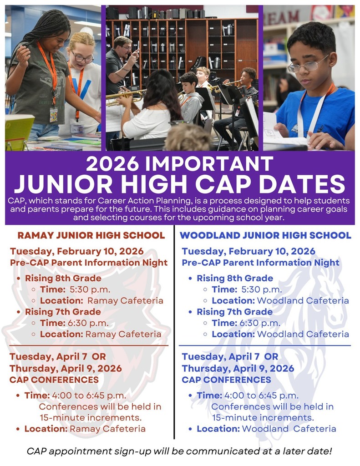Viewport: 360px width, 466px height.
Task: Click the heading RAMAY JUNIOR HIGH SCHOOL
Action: tap(91, 236)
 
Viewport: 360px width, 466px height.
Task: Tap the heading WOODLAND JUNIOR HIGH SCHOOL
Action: tap(266, 236)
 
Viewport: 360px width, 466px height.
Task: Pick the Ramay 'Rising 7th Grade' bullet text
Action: tap(63, 312)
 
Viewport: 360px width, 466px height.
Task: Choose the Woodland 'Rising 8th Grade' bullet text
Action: tap(235, 278)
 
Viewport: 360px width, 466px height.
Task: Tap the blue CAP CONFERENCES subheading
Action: tap(226, 380)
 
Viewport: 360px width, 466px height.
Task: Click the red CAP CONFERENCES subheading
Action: tap(54, 380)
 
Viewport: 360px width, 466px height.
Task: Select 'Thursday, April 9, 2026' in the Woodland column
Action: tap(238, 368)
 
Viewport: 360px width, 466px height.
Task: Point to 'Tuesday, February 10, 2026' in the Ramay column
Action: tap(77, 251)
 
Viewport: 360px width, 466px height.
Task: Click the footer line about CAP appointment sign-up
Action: tap(179, 451)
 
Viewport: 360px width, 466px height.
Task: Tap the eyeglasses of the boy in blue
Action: tap(308, 65)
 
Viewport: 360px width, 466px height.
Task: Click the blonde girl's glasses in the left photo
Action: tap(82, 58)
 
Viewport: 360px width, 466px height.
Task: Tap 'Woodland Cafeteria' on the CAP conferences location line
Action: tap(289, 429)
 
